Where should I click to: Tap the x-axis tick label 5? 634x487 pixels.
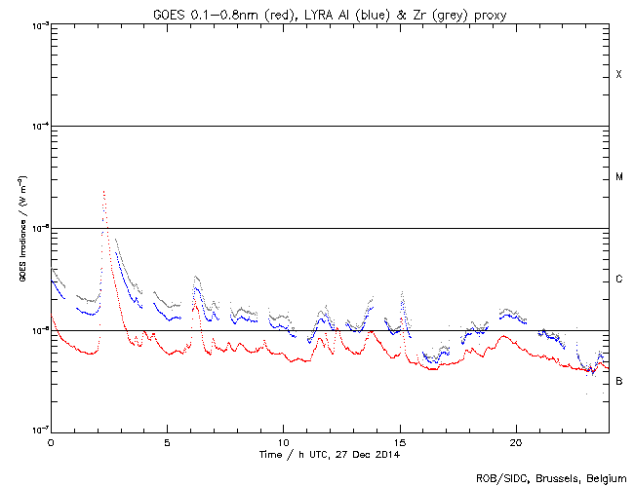click(x=167, y=441)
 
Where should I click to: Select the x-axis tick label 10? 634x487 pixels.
click(x=283, y=441)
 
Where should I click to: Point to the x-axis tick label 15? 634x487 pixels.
click(x=400, y=441)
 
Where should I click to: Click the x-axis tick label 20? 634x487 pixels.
click(x=516, y=441)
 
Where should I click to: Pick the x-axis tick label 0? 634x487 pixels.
click(x=51, y=441)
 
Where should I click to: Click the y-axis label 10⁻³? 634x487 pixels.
click(x=36, y=24)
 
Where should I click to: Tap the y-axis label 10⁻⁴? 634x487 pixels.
click(x=36, y=127)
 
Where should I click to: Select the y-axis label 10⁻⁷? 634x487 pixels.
click(x=36, y=431)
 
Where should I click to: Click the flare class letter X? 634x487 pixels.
click(x=618, y=75)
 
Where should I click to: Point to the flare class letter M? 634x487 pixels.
click(x=618, y=177)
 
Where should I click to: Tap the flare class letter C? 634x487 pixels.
click(x=618, y=280)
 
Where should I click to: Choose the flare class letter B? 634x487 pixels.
click(x=618, y=381)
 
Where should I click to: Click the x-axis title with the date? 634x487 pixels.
click(x=330, y=454)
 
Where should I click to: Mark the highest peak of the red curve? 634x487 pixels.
click(x=103, y=192)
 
